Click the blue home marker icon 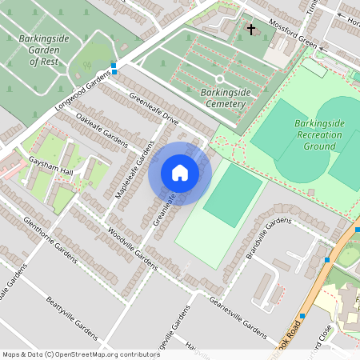(x=180, y=173)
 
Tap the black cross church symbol (x=251, y=30)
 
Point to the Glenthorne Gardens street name (x=50, y=239)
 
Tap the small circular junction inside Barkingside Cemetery (x=219, y=78)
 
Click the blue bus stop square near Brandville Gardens (x=327, y=260)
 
